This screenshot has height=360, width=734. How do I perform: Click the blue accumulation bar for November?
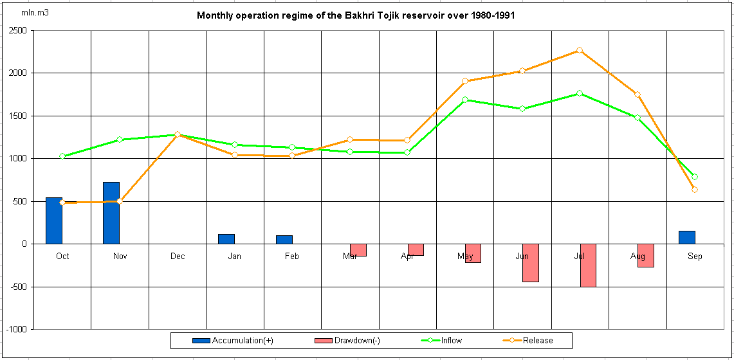(x=111, y=213)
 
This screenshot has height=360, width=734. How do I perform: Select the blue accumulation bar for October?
(x=54, y=221)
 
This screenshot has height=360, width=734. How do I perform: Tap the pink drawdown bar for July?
(x=588, y=265)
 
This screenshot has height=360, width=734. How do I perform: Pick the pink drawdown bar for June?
(x=530, y=262)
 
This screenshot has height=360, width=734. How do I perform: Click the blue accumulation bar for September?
(x=687, y=237)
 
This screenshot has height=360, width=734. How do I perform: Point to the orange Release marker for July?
(x=580, y=50)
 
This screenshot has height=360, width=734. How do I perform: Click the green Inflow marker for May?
(x=464, y=100)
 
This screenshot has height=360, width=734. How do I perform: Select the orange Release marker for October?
(x=62, y=203)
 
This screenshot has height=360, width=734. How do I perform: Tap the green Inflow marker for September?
(x=695, y=177)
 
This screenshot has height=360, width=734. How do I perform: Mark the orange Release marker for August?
(x=638, y=94)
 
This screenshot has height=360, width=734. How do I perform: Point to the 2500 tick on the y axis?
(x=17, y=30)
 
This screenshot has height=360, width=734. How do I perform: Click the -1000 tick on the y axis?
(x=16, y=329)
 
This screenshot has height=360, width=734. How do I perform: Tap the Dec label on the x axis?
(x=178, y=256)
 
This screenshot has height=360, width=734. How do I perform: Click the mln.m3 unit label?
(x=35, y=13)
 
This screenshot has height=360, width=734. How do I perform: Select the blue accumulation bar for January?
(x=226, y=239)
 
